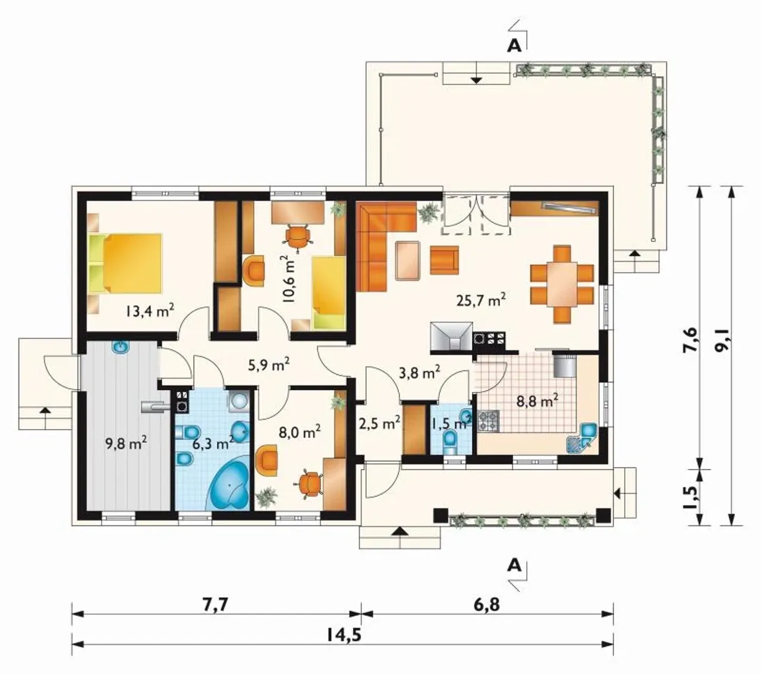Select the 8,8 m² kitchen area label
pyautogui.click(x=537, y=401)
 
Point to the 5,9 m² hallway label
pyautogui.click(x=269, y=364)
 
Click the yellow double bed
pyautogui.click(x=125, y=262)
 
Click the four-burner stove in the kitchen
pyautogui.click(x=488, y=420)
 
